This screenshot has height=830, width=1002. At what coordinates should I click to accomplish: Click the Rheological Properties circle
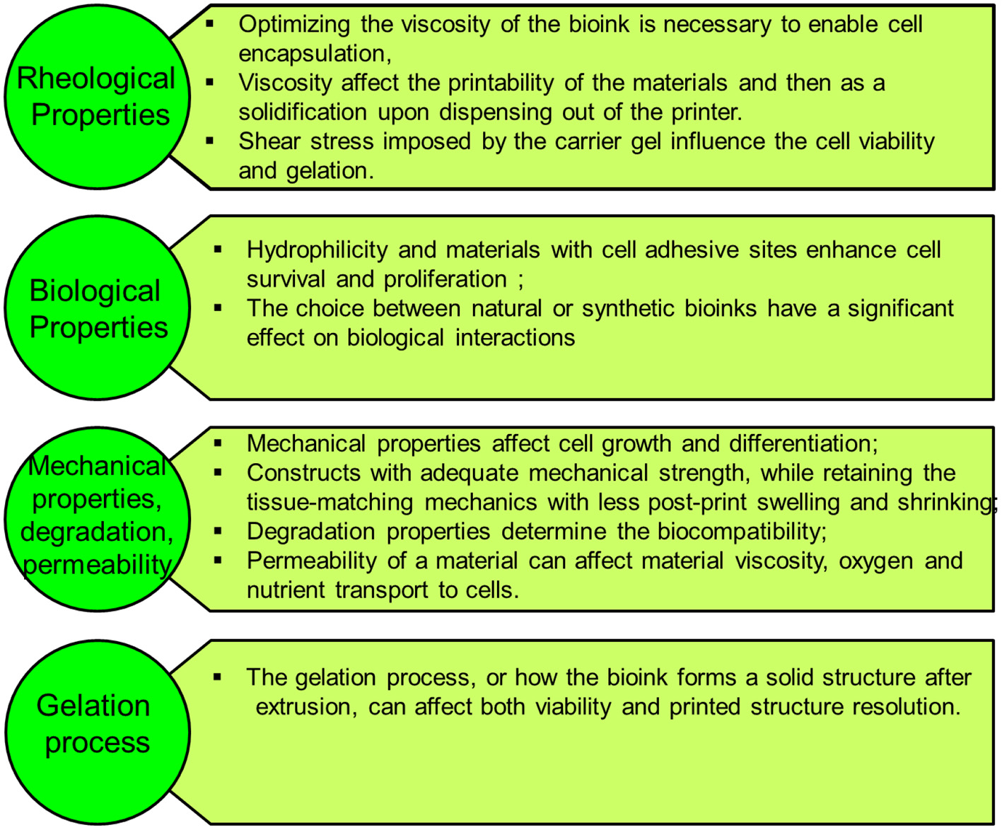[x=97, y=97]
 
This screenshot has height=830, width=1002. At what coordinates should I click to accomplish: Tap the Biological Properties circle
[x=97, y=309]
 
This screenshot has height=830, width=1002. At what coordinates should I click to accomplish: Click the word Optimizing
[x=293, y=25]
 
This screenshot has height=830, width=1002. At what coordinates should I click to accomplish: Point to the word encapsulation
[x=314, y=54]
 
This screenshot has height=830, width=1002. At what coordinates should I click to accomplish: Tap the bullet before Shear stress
[x=210, y=141]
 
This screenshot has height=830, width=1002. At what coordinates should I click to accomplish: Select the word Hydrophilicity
[x=317, y=250]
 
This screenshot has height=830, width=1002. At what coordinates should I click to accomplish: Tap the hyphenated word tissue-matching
[x=330, y=503]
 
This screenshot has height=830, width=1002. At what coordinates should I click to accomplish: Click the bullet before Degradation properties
[x=218, y=530]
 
